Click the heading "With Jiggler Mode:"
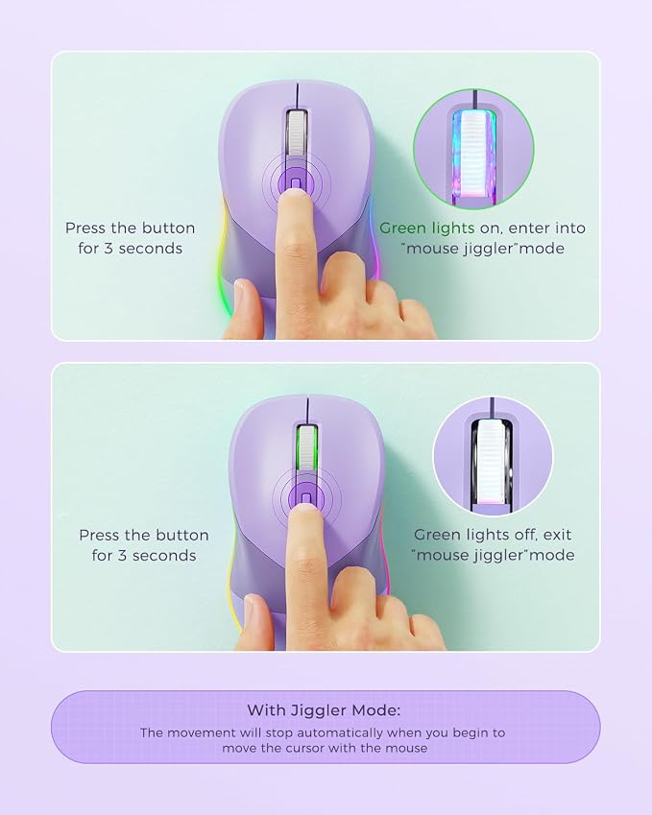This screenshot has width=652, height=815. point(324,710)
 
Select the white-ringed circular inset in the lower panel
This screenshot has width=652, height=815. point(493,457)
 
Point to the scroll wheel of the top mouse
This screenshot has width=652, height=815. point(297,133)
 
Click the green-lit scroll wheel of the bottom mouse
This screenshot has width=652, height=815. point(307,447)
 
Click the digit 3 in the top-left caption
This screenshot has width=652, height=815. point(109,249)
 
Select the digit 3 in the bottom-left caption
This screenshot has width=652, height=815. point(122,556)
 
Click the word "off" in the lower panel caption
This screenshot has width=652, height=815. point(517,535)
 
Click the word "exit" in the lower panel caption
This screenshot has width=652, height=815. point(557,535)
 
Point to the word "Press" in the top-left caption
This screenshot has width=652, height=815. point(85,228)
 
